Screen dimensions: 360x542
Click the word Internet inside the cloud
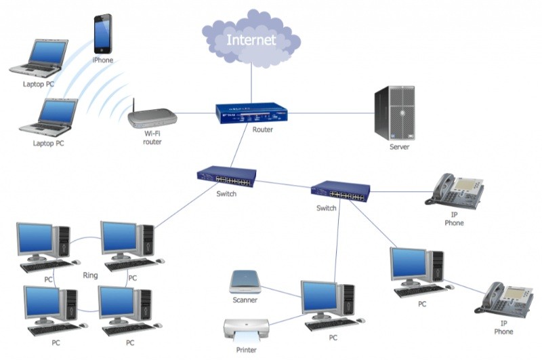251,40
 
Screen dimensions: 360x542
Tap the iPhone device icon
103,35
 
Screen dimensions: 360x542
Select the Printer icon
247,331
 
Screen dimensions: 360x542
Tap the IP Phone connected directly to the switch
455,189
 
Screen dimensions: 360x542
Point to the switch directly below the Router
227,176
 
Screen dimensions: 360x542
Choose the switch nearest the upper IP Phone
340,191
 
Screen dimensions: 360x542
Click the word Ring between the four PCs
90,275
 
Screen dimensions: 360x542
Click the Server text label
399,146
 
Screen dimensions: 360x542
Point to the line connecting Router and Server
332,113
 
